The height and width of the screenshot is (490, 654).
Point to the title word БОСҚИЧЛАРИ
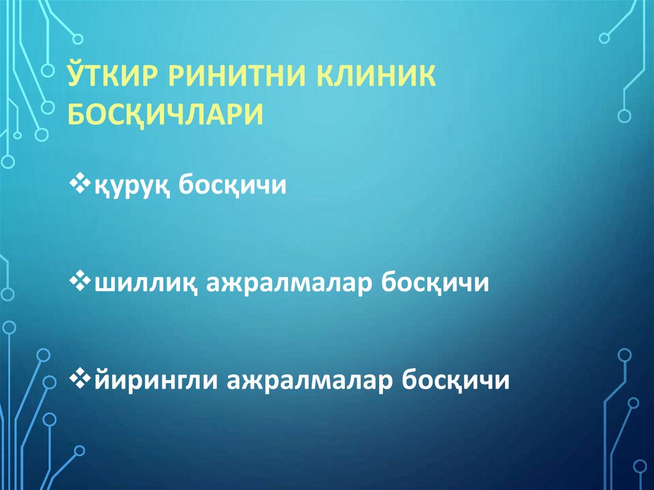pyautogui.click(x=165, y=115)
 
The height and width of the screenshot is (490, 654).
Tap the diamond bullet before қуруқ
pyautogui.click(x=81, y=185)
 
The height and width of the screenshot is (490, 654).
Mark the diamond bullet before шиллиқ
pyautogui.click(x=81, y=281)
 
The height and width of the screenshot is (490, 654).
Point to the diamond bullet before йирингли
pyautogui.click(x=81, y=378)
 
